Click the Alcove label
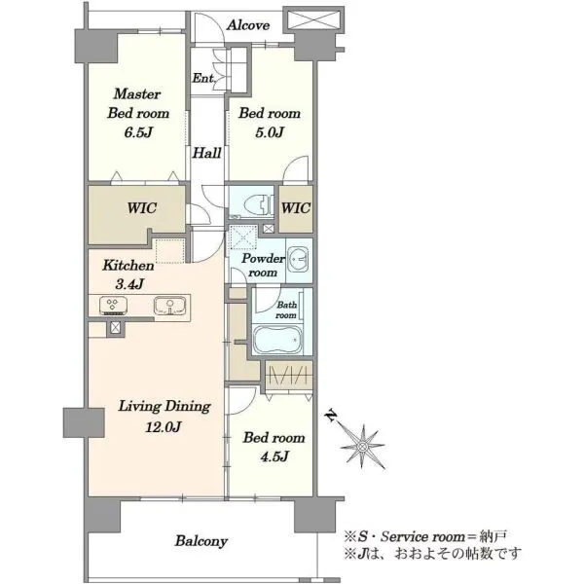(x=248, y=25)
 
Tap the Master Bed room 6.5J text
(x=138, y=113)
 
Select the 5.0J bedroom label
(x=270, y=123)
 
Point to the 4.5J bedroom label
(x=274, y=447)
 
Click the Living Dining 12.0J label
(x=164, y=416)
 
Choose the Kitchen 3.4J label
(x=128, y=274)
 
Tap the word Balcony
(x=201, y=541)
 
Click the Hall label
(x=206, y=153)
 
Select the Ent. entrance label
(x=203, y=78)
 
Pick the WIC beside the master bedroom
(x=141, y=208)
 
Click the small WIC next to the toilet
(x=296, y=208)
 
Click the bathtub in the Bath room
(x=278, y=340)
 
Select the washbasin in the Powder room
(x=299, y=258)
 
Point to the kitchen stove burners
(x=113, y=305)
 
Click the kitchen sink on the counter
(x=169, y=306)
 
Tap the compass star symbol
(x=362, y=446)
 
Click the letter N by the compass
(x=330, y=416)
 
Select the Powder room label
(x=263, y=265)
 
